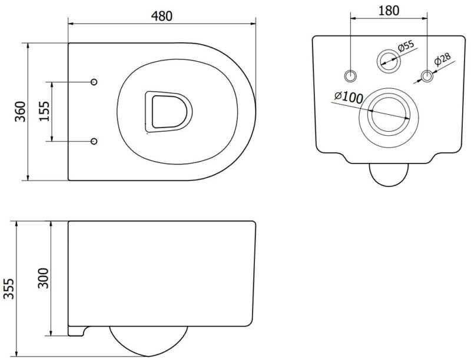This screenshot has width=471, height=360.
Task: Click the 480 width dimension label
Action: pos(161,16)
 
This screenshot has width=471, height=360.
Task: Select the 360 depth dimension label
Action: pos(21,112)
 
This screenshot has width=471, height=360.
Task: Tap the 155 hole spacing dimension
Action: pos(44,111)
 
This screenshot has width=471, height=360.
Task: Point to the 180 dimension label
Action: pos(389,11)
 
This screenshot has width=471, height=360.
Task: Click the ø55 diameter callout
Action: pos(406,46)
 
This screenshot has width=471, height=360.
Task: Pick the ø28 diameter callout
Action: pos(443,59)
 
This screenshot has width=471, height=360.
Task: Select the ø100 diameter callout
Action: pos(349,97)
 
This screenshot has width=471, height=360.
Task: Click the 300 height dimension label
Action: pos(43,278)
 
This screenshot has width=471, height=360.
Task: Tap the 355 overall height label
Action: pos(9,289)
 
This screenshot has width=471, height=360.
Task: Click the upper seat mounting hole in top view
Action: pos(94,82)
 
